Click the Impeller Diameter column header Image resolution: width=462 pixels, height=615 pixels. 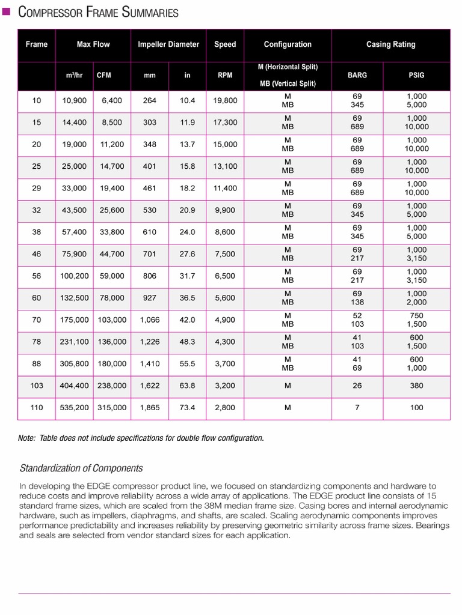click(x=168, y=44)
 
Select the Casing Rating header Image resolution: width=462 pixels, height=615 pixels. click(x=390, y=44)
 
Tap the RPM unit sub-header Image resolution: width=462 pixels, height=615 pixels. click(x=225, y=76)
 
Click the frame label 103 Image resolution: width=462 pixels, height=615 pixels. click(x=37, y=386)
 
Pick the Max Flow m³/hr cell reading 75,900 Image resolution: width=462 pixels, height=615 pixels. click(x=74, y=254)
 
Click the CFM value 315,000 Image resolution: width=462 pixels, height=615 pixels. click(x=112, y=408)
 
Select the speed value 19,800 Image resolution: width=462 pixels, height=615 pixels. click(x=225, y=100)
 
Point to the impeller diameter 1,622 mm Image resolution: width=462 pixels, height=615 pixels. click(x=150, y=386)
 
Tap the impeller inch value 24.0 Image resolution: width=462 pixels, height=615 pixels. click(x=187, y=232)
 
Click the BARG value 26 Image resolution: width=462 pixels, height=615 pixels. click(x=357, y=386)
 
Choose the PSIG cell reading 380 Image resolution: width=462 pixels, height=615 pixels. click(x=416, y=386)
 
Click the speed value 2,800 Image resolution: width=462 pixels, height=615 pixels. click(x=225, y=408)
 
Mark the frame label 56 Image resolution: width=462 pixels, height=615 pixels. click(x=37, y=276)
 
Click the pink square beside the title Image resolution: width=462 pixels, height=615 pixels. click(x=7, y=11)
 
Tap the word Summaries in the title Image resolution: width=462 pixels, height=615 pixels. click(x=150, y=12)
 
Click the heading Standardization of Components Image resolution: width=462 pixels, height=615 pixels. click(x=81, y=468)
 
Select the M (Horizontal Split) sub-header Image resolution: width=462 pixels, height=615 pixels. click(x=288, y=67)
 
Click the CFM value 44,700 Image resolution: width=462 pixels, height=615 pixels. click(x=112, y=254)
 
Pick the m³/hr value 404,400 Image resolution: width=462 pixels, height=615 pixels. click(x=74, y=386)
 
